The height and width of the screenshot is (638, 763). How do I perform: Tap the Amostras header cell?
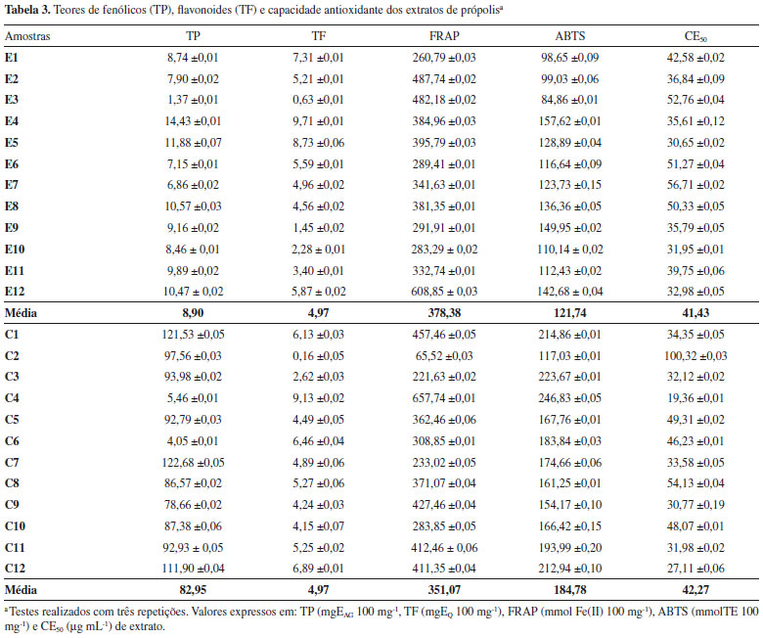click(x=28, y=36)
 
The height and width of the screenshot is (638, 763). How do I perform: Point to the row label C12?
click(x=16, y=567)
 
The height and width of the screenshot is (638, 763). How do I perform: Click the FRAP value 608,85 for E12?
click(x=430, y=291)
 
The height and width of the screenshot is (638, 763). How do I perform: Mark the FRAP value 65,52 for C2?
click(x=430, y=355)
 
